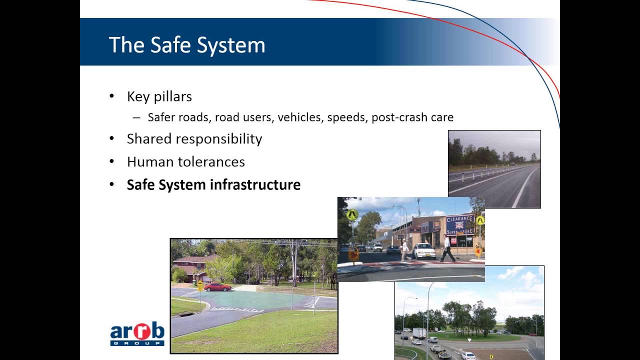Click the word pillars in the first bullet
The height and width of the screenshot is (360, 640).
173,96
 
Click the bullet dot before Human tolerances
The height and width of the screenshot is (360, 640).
112,161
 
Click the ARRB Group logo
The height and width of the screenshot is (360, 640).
137,333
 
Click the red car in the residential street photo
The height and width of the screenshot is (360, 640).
217,286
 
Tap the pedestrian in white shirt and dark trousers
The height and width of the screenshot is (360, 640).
447,248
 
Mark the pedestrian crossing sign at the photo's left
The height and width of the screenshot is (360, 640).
352,215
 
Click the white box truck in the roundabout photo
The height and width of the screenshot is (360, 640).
419,333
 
